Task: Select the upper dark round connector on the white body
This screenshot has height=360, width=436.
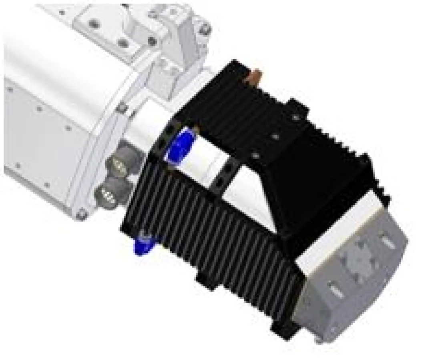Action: tap(120, 164)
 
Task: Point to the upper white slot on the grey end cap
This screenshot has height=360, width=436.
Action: tap(387, 242)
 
